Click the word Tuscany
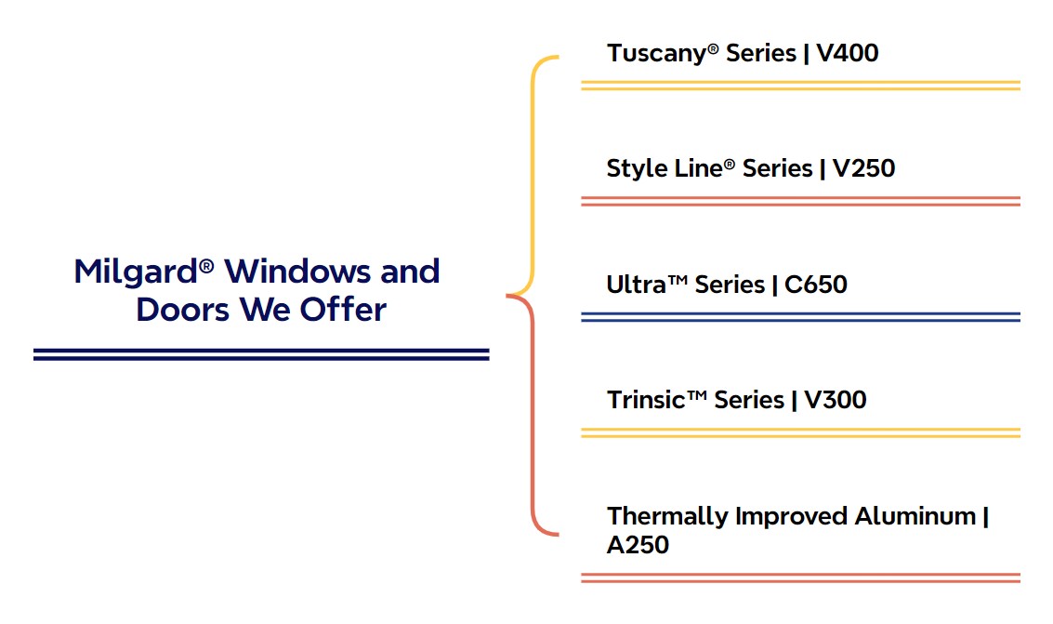pyautogui.click(x=657, y=54)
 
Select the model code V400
pyautogui.click(x=847, y=53)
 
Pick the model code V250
pyautogui.click(x=863, y=168)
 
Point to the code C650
pyautogui.click(x=816, y=285)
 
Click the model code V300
pyautogui.click(x=836, y=400)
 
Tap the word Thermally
pyautogui.click(x=667, y=517)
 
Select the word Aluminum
pyautogui.click(x=915, y=516)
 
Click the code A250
pyautogui.click(x=638, y=545)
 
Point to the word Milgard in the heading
pyautogui.click(x=136, y=272)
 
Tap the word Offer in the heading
pyautogui.click(x=343, y=310)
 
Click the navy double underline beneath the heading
pyautogui.click(x=261, y=354)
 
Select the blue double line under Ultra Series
pyautogui.click(x=800, y=317)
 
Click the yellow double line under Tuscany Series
pyautogui.click(x=800, y=86)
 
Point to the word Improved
pyautogui.click(x=791, y=517)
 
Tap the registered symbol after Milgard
pyautogui.click(x=206, y=267)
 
